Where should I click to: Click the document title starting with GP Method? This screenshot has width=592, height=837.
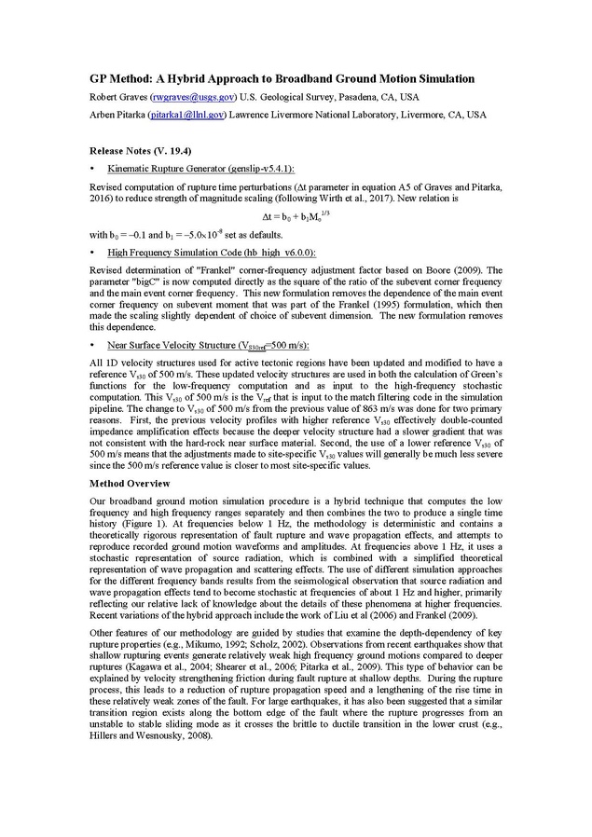[282, 79]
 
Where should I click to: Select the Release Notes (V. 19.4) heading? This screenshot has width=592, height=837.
[141, 150]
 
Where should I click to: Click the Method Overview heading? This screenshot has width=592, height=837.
[130, 484]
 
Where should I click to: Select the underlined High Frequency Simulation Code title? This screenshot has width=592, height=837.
[211, 253]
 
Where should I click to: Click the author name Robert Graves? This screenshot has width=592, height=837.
[117, 97]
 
